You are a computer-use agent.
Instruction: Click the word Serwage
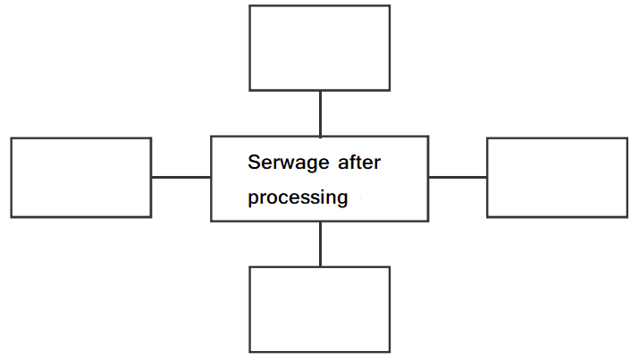click(x=288, y=163)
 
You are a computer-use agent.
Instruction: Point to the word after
click(x=359, y=162)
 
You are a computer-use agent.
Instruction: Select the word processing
click(x=298, y=198)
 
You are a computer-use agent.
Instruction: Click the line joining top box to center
click(x=320, y=113)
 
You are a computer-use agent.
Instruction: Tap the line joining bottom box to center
click(x=320, y=244)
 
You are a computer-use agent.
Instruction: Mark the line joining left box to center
click(x=181, y=177)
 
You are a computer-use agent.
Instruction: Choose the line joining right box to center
click(x=458, y=177)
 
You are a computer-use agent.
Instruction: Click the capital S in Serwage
click(x=254, y=162)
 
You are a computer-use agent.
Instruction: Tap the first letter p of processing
click(x=253, y=199)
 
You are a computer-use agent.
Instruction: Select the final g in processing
click(x=342, y=199)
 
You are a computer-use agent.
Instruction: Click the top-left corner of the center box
click(x=211, y=137)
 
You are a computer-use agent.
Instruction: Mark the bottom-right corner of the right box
click(x=627, y=217)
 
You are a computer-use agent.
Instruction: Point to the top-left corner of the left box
click(x=12, y=138)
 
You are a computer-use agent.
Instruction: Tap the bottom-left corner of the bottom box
click(x=250, y=352)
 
